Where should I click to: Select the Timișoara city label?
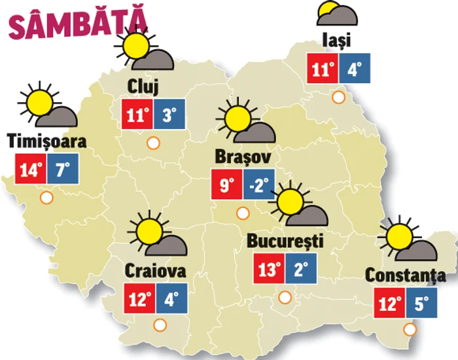point(46,141)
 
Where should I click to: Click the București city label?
point(285,241)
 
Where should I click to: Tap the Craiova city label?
point(155,270)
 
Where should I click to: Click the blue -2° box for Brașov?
point(259,185)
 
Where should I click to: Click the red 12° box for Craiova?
point(139,300)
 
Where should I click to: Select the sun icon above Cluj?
point(136,46)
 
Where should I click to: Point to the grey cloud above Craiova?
point(172,245)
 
